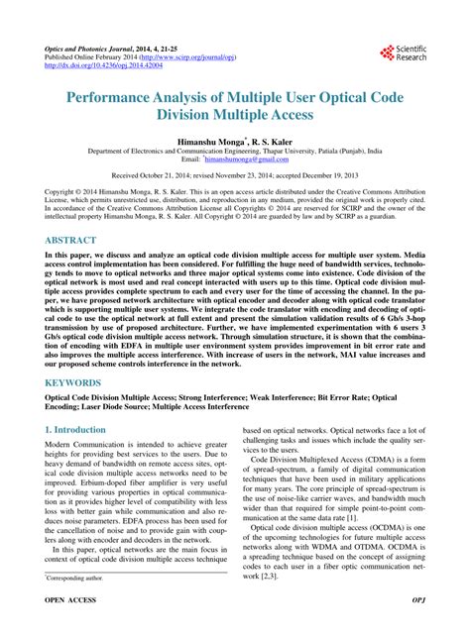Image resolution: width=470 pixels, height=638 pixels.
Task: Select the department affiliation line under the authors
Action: pos(234,153)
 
